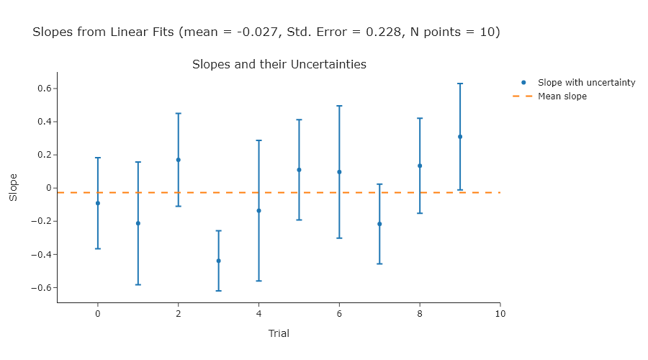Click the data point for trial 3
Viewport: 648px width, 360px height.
click(219, 261)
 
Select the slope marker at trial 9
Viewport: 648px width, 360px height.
click(460, 137)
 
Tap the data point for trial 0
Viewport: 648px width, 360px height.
click(98, 203)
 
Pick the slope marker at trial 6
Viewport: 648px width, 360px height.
click(339, 172)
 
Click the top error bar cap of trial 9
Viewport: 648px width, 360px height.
click(460, 84)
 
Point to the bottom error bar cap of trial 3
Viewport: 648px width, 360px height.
click(219, 291)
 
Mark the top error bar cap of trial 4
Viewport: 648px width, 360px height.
click(259, 140)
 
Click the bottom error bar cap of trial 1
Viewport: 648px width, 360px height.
click(138, 284)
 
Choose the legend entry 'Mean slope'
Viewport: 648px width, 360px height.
click(562, 96)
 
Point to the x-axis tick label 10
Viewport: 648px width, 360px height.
click(500, 314)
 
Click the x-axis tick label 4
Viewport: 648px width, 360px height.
click(259, 314)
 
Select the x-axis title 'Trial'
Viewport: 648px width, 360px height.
click(279, 334)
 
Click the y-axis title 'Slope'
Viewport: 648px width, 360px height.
click(13, 187)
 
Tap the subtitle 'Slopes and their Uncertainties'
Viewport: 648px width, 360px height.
click(279, 65)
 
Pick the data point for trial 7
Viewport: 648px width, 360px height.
click(379, 224)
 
